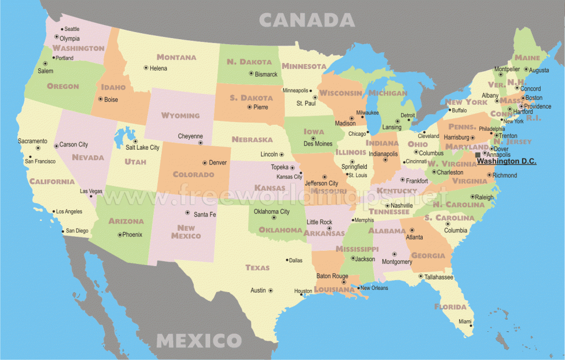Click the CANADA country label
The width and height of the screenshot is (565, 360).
click(x=307, y=20)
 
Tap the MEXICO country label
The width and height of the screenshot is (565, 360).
click(x=199, y=340)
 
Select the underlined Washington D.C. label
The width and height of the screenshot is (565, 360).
click(x=506, y=162)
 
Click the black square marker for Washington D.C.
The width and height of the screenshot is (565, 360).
click(x=478, y=155)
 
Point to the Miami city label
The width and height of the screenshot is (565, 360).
click(x=465, y=321)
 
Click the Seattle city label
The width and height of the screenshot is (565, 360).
click(x=72, y=29)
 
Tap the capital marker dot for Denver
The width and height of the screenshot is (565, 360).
click(x=205, y=163)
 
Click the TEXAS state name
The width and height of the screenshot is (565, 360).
click(x=258, y=268)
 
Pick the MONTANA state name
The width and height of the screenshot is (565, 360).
click(x=176, y=57)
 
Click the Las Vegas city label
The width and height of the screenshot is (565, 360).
click(x=92, y=191)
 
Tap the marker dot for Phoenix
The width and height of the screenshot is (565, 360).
click(x=120, y=235)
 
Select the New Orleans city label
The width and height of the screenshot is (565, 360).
click(x=374, y=288)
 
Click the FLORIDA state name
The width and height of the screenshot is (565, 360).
click(x=450, y=306)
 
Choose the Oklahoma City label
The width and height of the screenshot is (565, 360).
click(x=271, y=211)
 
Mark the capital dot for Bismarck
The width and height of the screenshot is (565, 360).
click(x=251, y=73)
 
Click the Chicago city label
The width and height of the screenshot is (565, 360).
click(x=358, y=134)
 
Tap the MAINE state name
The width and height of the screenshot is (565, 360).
click(x=527, y=57)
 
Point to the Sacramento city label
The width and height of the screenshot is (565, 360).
click(x=33, y=141)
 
